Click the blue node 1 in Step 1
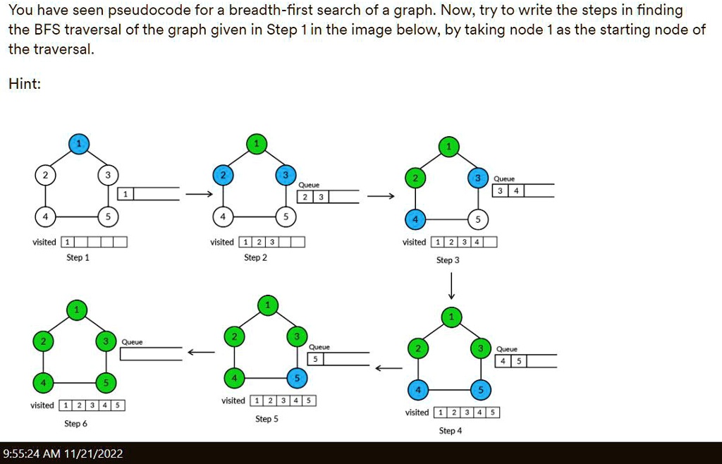pos(79,144)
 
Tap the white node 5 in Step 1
pos(108,216)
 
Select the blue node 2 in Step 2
pos(224,174)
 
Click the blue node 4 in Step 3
pos(415,219)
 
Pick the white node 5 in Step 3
pos(478,219)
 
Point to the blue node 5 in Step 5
pos(297,379)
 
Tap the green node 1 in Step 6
pos(77,310)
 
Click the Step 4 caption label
pos(451,431)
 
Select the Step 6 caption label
pos(75,424)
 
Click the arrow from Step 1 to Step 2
pos(200,194)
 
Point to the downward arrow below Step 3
pos(451,286)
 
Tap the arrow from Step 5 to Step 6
pos(201,353)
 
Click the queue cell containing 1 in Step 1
pos(126,194)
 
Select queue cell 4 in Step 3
pos(516,190)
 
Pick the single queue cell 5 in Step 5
pos(315,359)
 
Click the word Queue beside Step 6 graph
pos(132,342)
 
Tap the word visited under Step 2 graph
pos(222,242)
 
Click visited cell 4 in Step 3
pos(477,242)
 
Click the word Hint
pos(25,84)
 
